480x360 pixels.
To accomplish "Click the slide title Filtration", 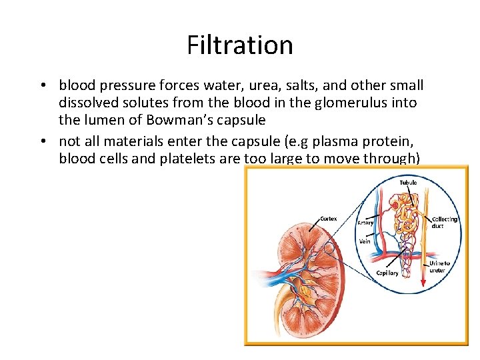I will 239,45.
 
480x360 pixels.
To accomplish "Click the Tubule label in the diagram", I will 409,182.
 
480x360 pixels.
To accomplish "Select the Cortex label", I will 328,218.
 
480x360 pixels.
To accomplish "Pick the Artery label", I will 365,223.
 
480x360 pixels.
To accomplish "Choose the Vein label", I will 365,241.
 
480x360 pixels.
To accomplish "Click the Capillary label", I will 387,273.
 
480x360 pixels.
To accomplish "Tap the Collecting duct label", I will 445,223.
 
